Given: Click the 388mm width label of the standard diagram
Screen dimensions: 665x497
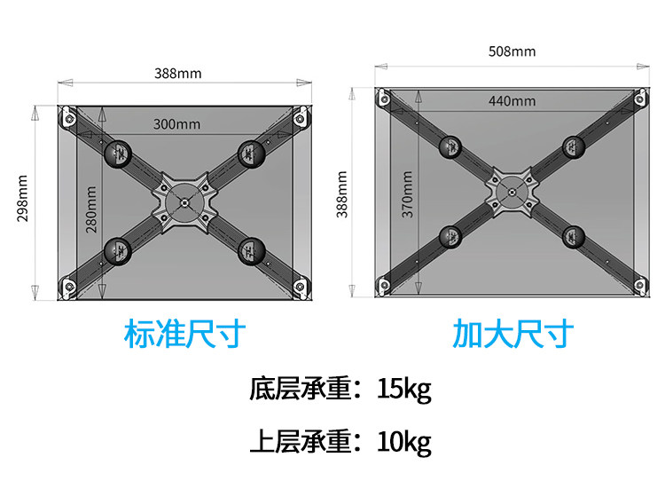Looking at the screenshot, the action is point(177,74).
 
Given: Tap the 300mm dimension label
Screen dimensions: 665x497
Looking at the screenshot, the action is point(176,123).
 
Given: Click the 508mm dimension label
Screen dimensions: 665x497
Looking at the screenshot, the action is point(512,51).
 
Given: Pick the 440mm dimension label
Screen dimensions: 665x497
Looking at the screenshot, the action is point(512,100).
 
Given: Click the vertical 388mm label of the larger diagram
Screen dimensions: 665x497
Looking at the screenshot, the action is point(342,193).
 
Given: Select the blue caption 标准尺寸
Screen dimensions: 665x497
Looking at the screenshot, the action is point(184,335).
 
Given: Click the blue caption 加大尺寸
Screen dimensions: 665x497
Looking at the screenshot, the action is point(513,335).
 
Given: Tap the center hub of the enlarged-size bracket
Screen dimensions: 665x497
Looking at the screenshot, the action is point(512,188).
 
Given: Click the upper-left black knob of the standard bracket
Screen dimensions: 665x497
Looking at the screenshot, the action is point(118,155).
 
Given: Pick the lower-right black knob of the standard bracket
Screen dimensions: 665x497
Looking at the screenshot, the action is point(250,250).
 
